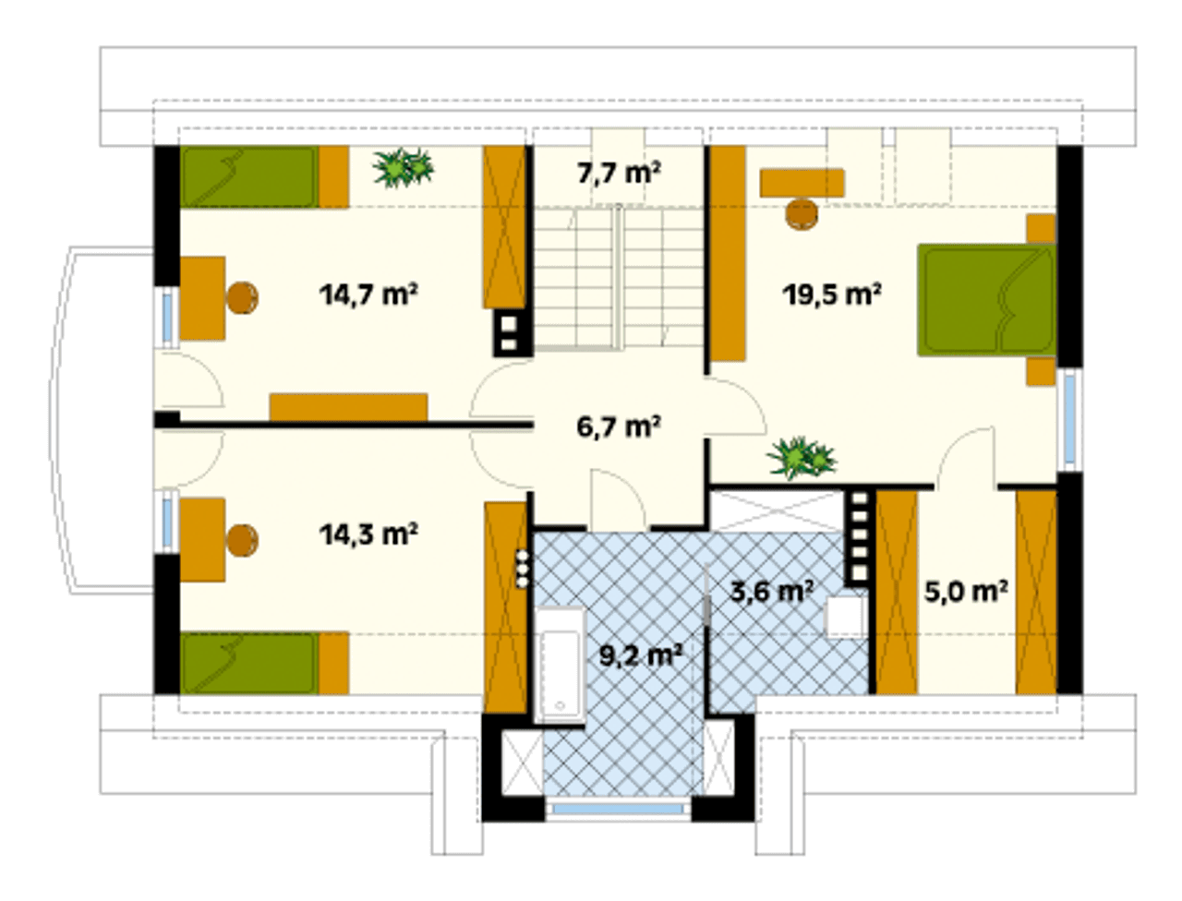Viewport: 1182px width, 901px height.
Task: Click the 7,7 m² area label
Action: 619,174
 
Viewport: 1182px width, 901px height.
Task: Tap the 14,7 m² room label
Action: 368,294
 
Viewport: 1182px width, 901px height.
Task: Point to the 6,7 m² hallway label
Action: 618,426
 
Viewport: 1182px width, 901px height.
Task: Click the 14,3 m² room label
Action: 368,534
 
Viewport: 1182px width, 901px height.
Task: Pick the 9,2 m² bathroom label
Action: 641,655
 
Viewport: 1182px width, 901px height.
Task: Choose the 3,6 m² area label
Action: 771,592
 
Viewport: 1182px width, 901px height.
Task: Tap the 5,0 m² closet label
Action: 966,592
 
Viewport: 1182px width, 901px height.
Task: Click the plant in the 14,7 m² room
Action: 404,168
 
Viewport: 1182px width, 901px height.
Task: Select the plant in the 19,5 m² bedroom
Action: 802,458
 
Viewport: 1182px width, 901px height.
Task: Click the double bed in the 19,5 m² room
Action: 986,300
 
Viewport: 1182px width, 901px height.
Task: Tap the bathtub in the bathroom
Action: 560,666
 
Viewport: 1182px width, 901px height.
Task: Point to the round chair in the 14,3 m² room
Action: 242,540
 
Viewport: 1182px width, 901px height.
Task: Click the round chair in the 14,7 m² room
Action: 242,297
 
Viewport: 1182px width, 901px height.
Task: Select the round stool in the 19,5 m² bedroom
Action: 802,215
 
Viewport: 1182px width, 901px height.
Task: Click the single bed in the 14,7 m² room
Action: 264,176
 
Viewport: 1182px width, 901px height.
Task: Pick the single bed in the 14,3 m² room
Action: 264,664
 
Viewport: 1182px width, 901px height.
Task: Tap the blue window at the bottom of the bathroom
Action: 618,808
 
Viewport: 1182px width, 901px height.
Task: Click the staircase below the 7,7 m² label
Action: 619,278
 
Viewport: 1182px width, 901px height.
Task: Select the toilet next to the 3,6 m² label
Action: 847,617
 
